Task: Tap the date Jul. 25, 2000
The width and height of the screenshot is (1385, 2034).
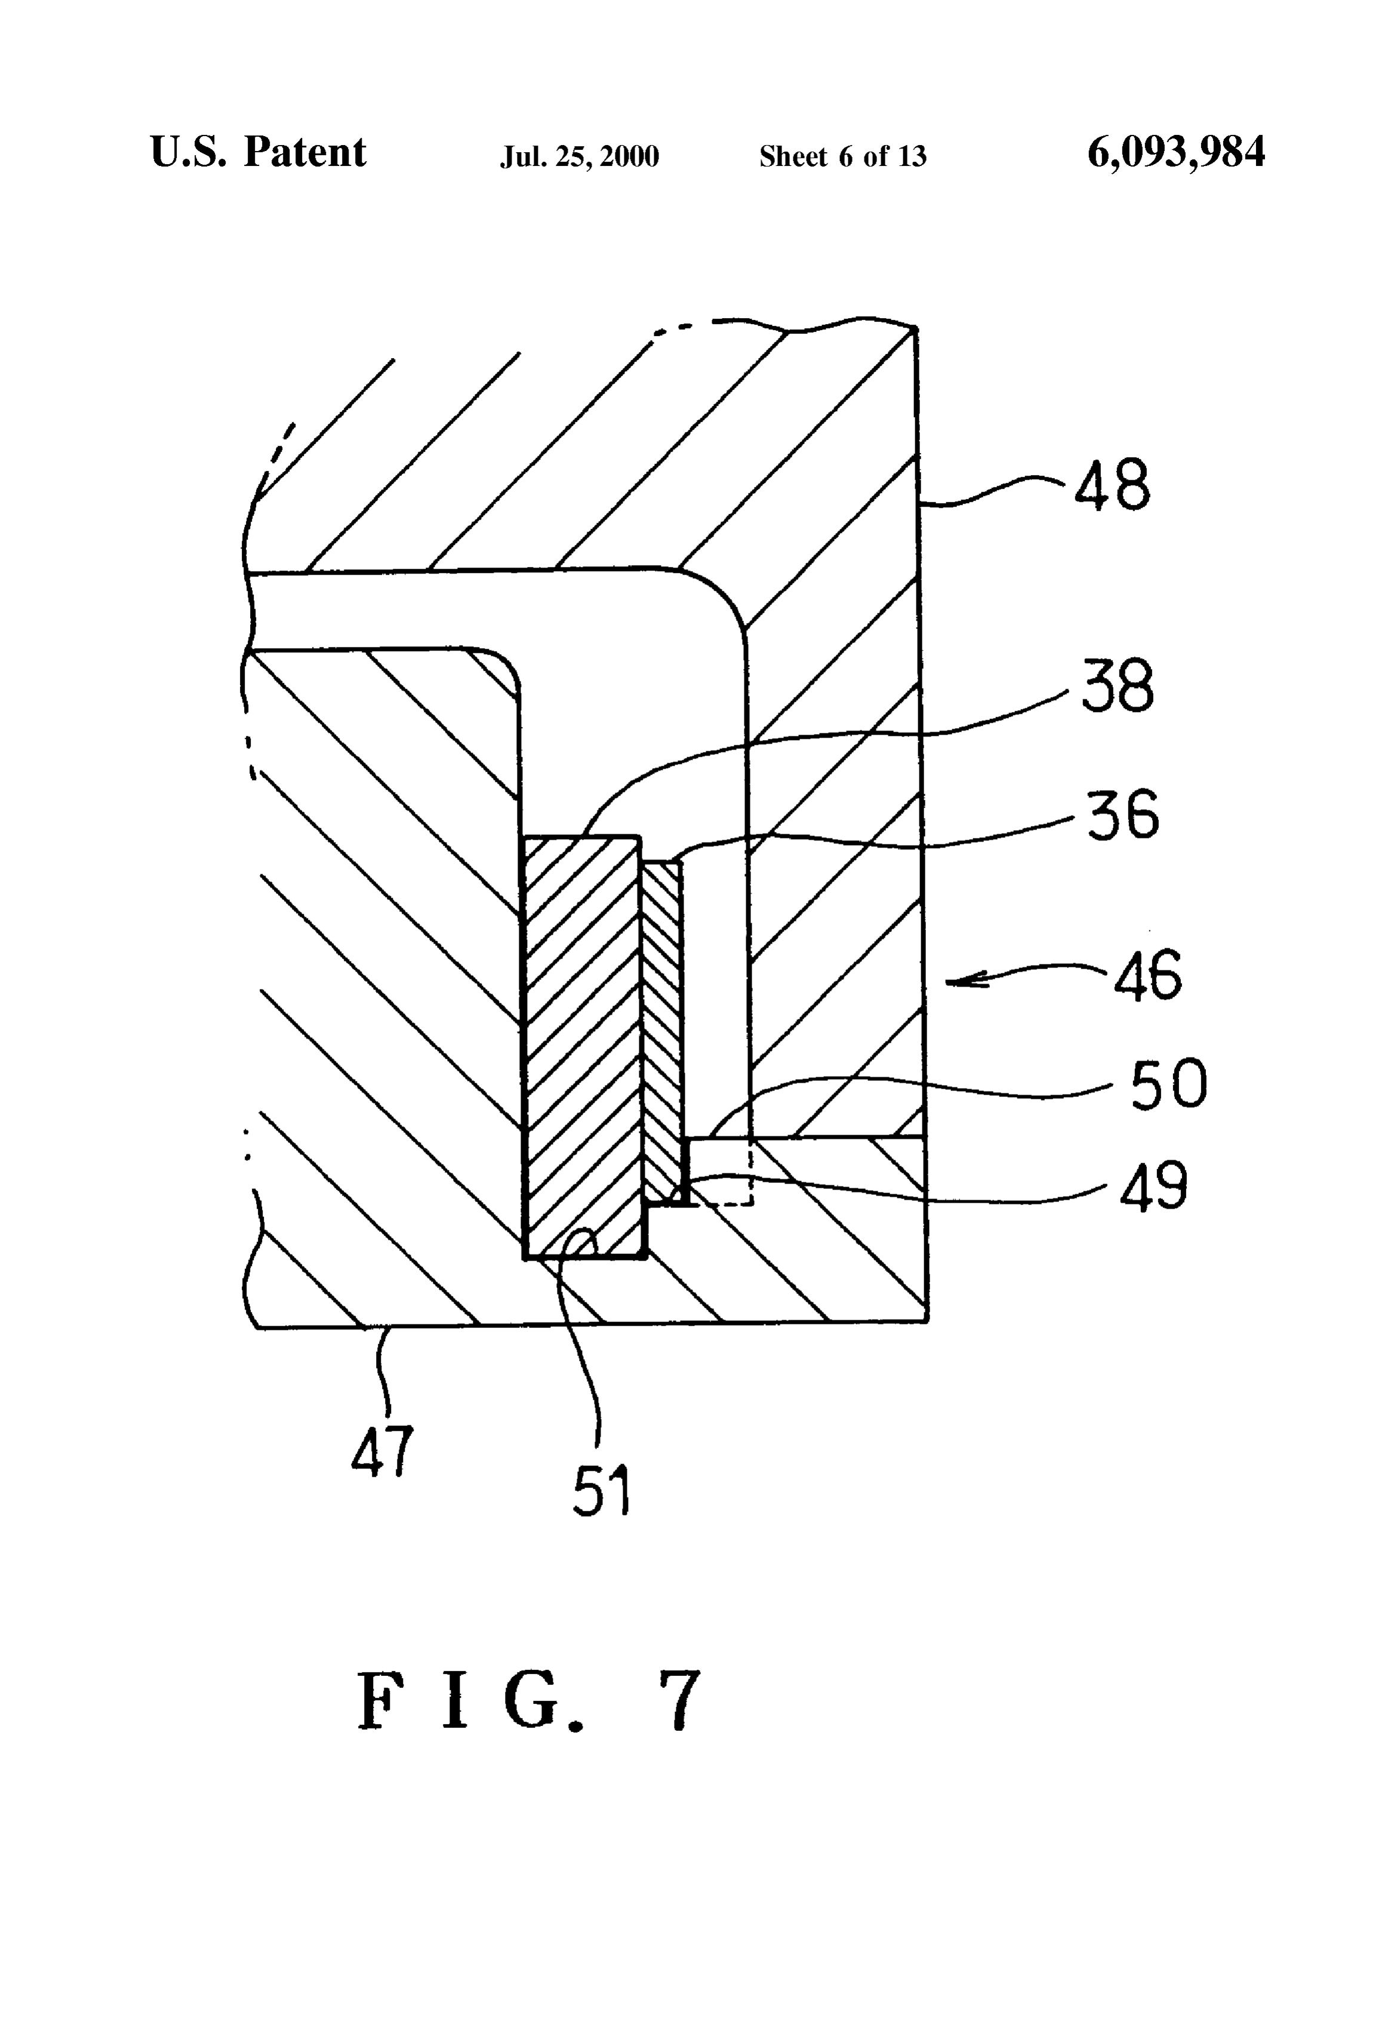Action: pos(580,156)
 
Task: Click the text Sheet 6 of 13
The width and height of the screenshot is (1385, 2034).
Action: pos(842,156)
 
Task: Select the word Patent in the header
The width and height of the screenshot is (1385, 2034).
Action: pos(304,152)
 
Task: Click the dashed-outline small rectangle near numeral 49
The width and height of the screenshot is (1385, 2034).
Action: pos(718,1171)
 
